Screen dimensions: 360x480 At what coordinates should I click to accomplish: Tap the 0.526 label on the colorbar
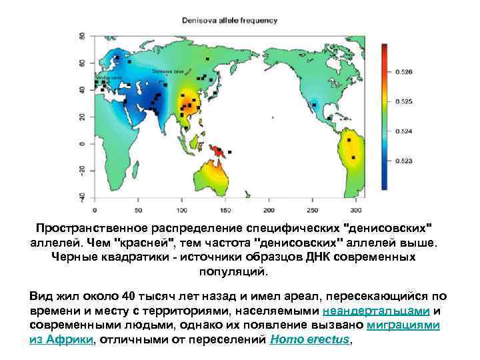point(404,71)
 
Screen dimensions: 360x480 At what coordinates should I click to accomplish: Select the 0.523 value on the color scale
point(404,161)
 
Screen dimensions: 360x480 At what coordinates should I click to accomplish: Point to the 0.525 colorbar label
point(404,101)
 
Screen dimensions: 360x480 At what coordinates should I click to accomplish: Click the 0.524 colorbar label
point(404,131)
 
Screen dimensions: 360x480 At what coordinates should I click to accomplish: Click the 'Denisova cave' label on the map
point(164,70)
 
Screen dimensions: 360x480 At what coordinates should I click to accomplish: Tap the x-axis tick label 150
point(226,200)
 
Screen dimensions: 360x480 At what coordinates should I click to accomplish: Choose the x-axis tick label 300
point(357,200)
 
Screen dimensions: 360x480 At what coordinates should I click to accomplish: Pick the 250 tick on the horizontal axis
point(313,200)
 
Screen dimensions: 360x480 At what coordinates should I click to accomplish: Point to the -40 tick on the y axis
point(82,195)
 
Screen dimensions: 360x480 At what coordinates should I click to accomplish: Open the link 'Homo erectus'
point(309,339)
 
